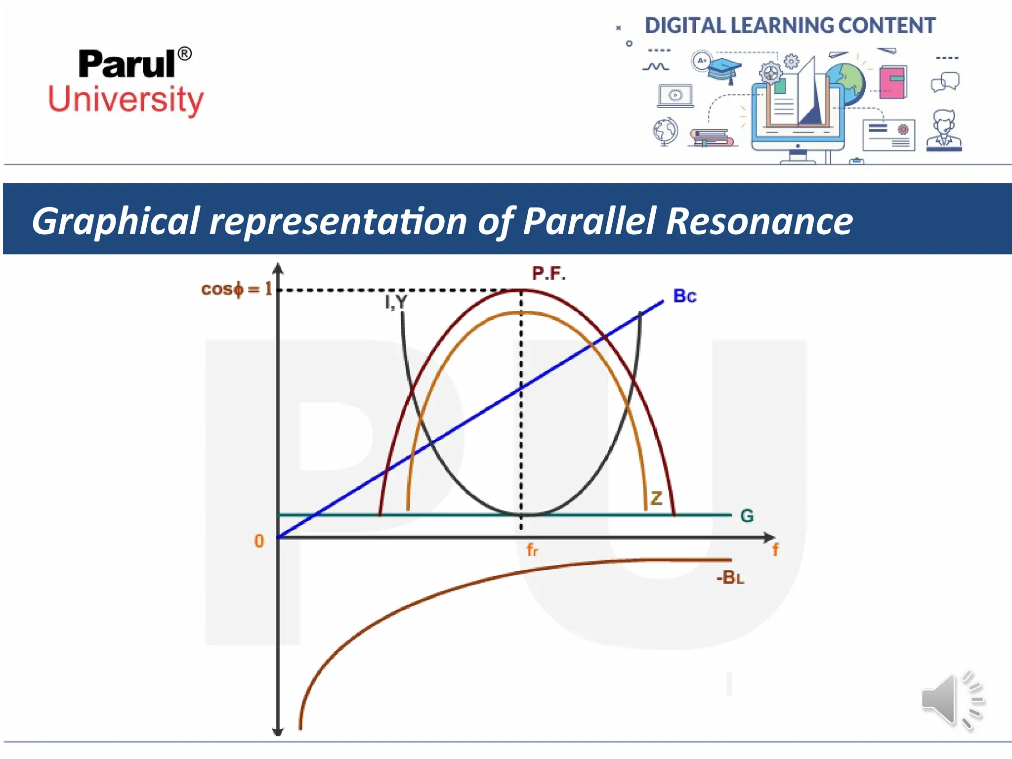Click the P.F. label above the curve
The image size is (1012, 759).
pyautogui.click(x=548, y=273)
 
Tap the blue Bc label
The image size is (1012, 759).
pyautogui.click(x=684, y=296)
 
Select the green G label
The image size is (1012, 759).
pyautogui.click(x=747, y=516)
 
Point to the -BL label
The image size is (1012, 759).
pyautogui.click(x=730, y=578)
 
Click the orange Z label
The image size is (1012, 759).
pyautogui.click(x=656, y=499)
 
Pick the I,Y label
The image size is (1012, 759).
pyautogui.click(x=396, y=301)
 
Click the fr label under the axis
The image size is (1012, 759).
pyautogui.click(x=532, y=549)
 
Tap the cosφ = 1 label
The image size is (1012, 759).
pyautogui.click(x=237, y=289)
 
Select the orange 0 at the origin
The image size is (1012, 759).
pyautogui.click(x=259, y=541)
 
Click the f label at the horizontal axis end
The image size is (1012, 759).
pyautogui.click(x=775, y=549)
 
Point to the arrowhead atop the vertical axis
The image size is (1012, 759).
pyautogui.click(x=278, y=268)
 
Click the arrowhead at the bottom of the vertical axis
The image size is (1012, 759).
pyautogui.click(x=278, y=731)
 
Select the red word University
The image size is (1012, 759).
pyautogui.click(x=126, y=99)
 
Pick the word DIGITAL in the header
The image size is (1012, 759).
pyautogui.click(x=686, y=26)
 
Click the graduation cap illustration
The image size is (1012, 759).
pyautogui.click(x=724, y=70)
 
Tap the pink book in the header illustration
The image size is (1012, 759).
pyautogui.click(x=892, y=82)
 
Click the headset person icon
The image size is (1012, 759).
pyautogui.click(x=944, y=130)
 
